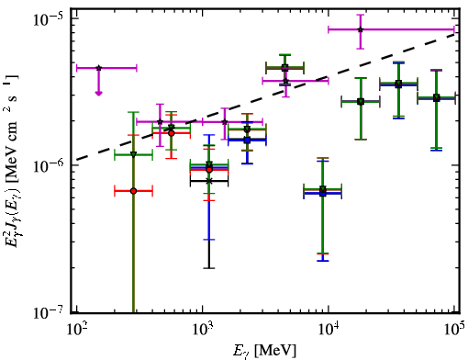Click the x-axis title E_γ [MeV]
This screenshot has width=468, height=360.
pyautogui.click(x=264, y=350)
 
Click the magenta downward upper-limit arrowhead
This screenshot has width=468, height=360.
pyautogui.click(x=98, y=93)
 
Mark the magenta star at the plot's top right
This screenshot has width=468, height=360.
pyautogui.click(x=361, y=29)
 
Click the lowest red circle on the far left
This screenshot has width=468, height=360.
pyautogui.click(x=133, y=191)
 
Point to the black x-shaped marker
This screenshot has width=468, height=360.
pyautogui.click(x=209, y=181)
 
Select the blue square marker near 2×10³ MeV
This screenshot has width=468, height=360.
pyautogui.click(x=247, y=141)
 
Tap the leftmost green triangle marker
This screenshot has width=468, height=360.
pyautogui.click(x=133, y=154)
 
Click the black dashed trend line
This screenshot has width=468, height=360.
pyautogui.click(x=266, y=96)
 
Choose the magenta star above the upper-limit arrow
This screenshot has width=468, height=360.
pyautogui.click(x=98, y=68)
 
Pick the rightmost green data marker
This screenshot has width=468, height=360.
pyautogui.click(x=437, y=98)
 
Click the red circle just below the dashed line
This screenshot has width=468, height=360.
pyautogui.click(x=172, y=133)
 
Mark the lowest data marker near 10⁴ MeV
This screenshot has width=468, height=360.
pyautogui.click(x=323, y=194)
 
